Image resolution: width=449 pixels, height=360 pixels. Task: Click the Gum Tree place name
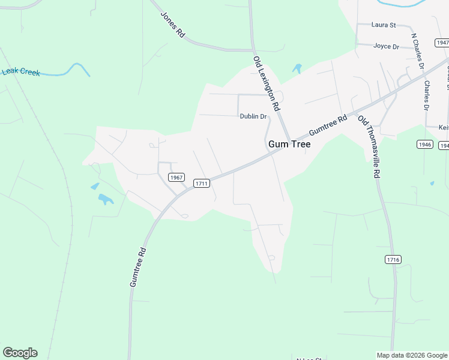[x=289, y=145]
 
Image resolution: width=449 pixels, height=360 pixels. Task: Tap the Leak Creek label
[x=21, y=72]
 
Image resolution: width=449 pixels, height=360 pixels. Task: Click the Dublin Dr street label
[x=253, y=116]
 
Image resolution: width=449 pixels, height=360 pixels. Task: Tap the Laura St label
[x=384, y=25]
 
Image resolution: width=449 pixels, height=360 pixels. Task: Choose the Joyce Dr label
[x=386, y=46]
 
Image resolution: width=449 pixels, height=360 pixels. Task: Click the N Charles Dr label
[x=418, y=51]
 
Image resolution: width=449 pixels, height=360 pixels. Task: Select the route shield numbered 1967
[x=176, y=178]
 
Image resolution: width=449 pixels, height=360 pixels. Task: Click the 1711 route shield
[x=201, y=182]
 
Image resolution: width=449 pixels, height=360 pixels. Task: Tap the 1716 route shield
[x=393, y=259]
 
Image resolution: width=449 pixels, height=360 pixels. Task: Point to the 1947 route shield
[x=442, y=43]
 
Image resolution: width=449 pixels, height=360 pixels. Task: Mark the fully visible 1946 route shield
[x=424, y=145]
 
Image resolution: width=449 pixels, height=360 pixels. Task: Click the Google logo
[x=20, y=353]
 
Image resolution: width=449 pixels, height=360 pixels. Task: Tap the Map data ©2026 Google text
[x=411, y=355]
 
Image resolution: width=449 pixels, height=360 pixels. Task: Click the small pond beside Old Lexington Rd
[x=297, y=68]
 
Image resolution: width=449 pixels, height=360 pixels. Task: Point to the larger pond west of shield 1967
[x=106, y=199]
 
